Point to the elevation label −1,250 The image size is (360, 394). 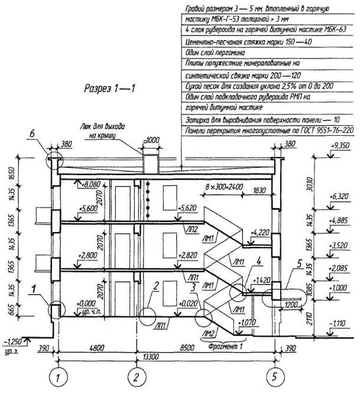13,341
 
